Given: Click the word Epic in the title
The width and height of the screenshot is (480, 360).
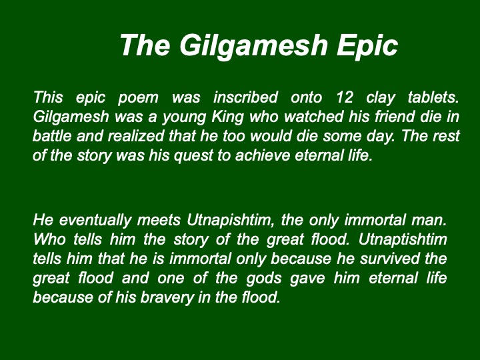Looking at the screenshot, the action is click(367, 45).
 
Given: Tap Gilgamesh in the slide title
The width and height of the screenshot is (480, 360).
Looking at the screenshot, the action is click(253, 45).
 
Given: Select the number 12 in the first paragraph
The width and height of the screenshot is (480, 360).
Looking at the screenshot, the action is click(345, 97).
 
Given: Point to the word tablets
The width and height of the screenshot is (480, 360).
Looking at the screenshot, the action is click(433, 97).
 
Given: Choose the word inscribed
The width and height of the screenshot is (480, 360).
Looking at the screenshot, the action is click(245, 97).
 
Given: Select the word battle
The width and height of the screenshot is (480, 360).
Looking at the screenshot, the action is click(52, 136).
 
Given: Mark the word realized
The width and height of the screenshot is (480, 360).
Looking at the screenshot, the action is click(136, 136).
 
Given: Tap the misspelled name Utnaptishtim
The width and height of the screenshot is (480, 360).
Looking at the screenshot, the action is click(403, 240).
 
